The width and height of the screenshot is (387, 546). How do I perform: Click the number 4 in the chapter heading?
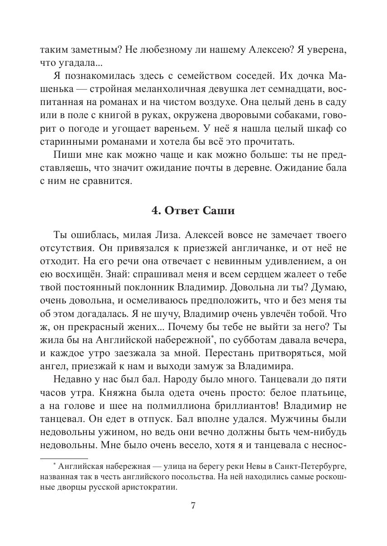click(x=154, y=211)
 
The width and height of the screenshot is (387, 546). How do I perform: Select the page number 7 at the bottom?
click(x=193, y=505)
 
